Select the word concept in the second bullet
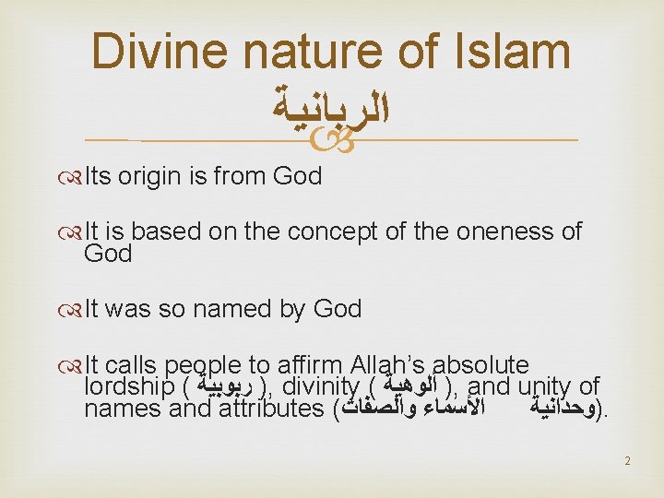tap(336, 231)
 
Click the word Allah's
tap(396, 365)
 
